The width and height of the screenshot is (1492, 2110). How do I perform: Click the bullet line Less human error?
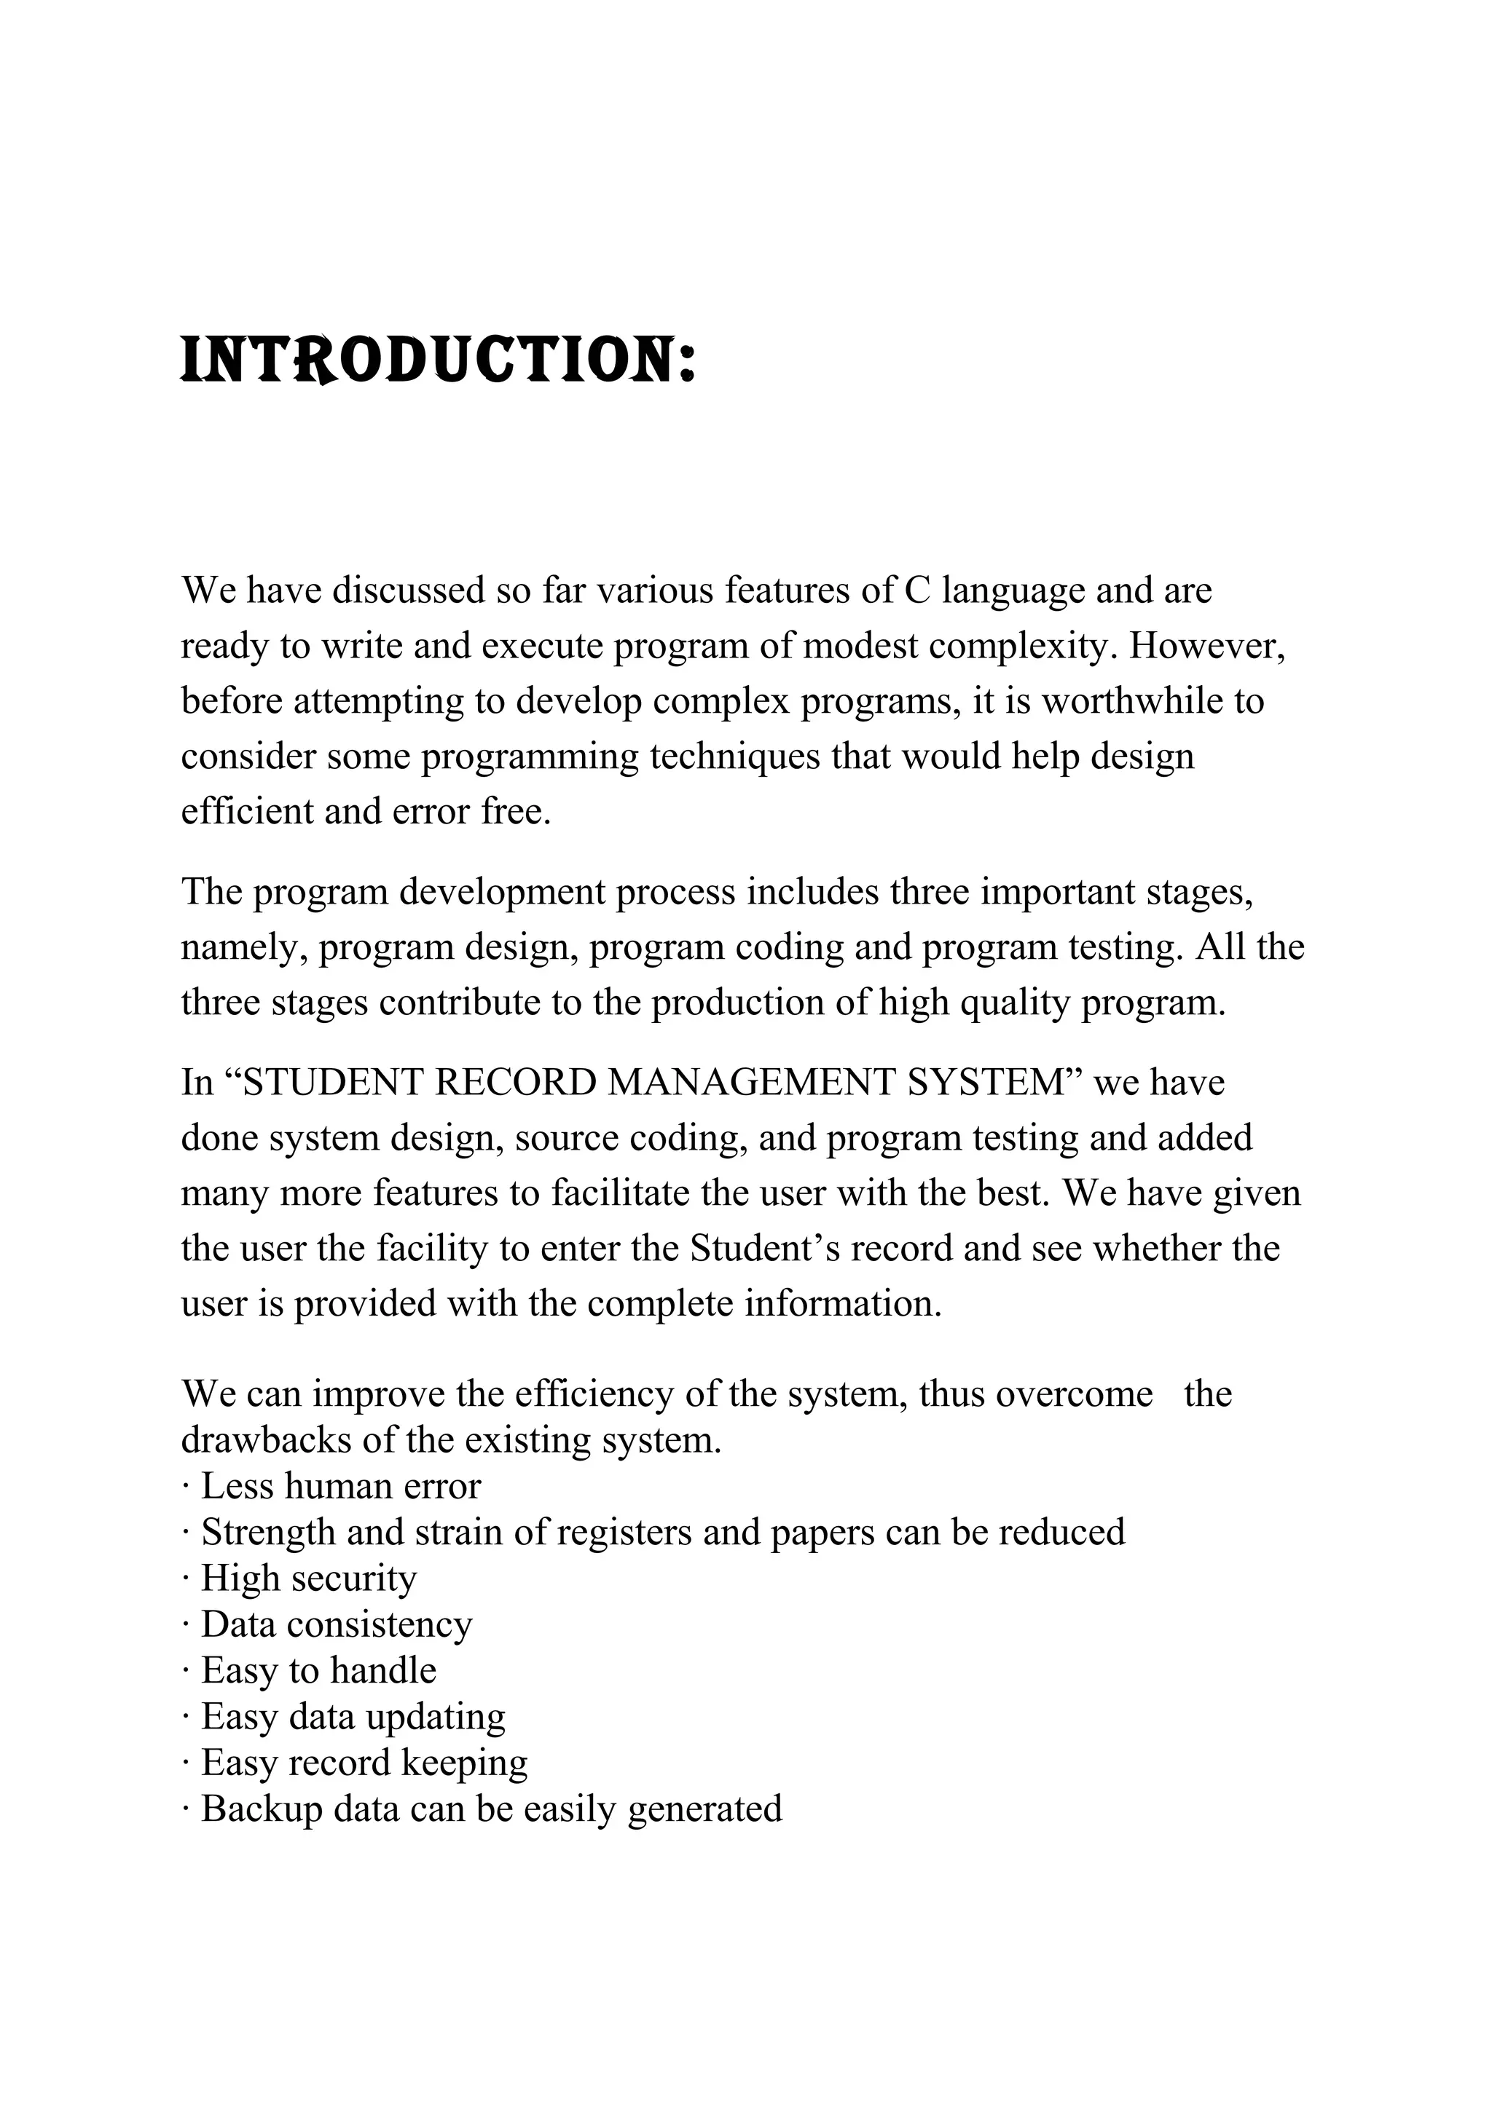point(340,1485)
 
